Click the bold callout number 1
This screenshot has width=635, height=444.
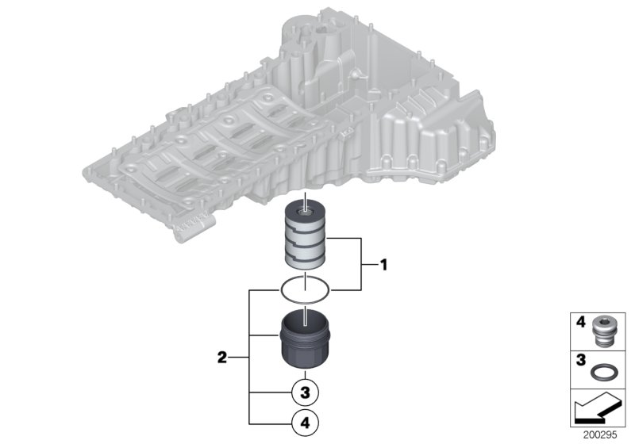[x=383, y=265]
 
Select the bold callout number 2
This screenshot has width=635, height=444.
[x=223, y=358]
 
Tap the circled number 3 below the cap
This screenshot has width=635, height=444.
[x=305, y=392]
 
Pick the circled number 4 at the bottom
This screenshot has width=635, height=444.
[x=305, y=423]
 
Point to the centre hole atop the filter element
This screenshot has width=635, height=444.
[x=305, y=211]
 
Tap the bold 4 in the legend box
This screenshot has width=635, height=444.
[x=580, y=323]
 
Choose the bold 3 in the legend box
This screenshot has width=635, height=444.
[x=580, y=360]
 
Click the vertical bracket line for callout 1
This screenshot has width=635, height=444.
[x=363, y=265]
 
